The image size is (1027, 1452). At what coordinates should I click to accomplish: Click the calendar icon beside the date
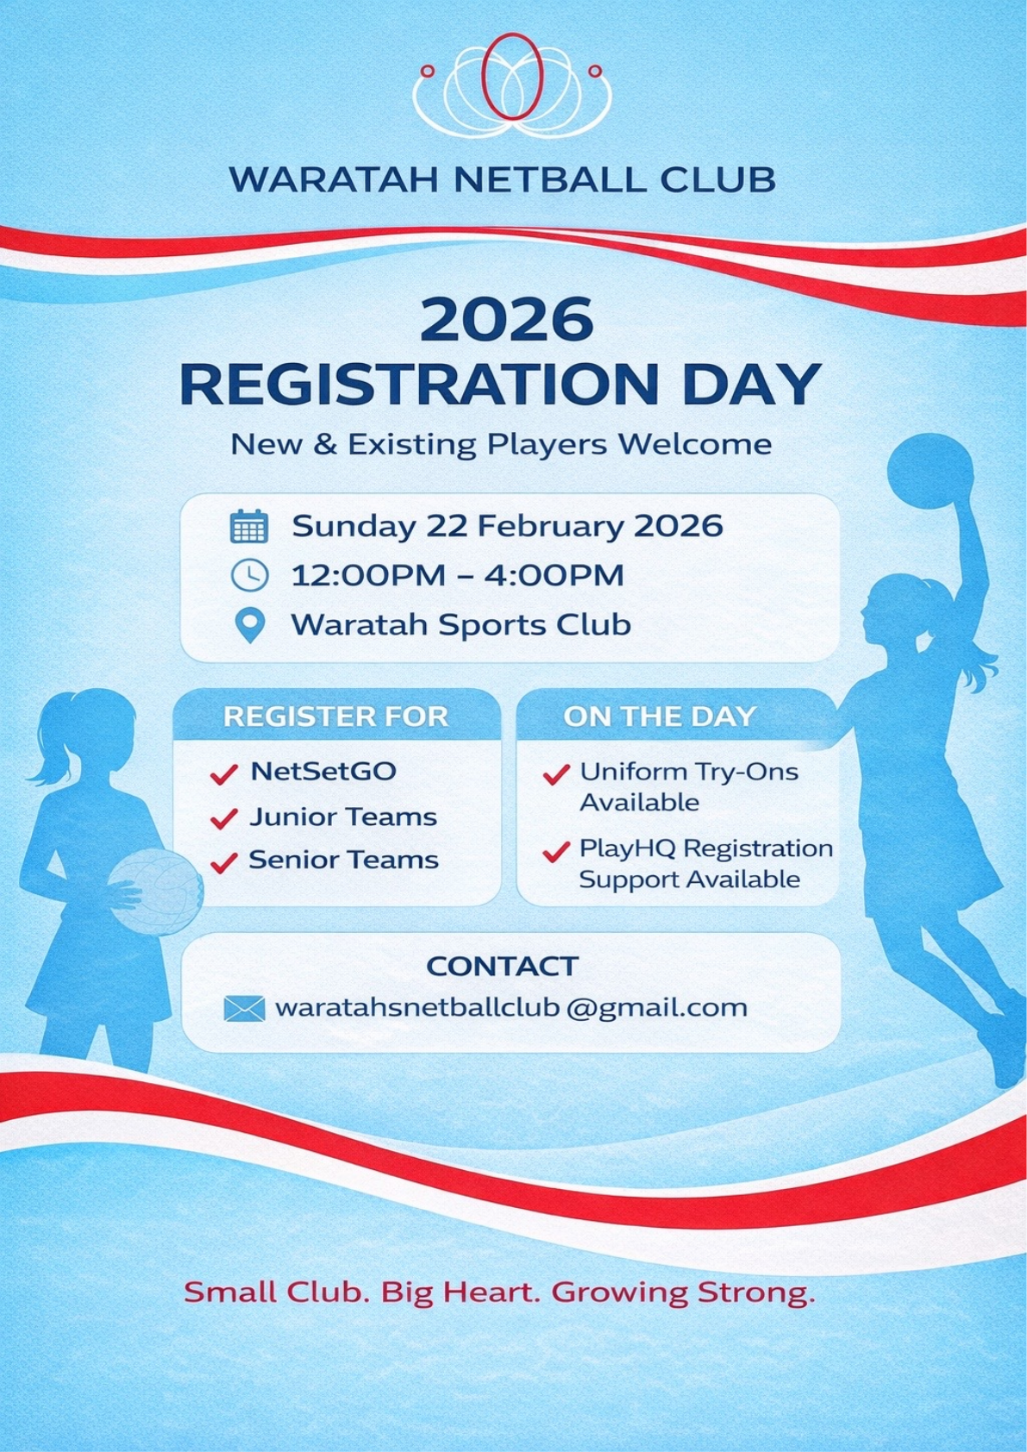coord(249,526)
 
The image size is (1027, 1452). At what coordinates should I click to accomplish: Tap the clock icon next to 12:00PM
coord(249,576)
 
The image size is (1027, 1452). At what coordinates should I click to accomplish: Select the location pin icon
coord(249,625)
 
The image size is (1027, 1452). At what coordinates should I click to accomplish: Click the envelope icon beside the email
coord(244,1009)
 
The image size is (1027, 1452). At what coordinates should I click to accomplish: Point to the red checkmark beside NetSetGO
coord(223,773)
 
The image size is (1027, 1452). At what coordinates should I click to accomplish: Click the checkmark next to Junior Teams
coord(223,818)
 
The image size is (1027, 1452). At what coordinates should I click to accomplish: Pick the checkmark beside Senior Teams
coord(223,862)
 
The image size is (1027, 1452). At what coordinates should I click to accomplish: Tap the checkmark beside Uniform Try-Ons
coord(556,774)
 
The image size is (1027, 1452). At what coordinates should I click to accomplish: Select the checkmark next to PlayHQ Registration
coord(556,852)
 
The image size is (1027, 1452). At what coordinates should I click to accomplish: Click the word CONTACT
coord(503,967)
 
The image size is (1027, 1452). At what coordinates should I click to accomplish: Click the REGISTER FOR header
coord(335,717)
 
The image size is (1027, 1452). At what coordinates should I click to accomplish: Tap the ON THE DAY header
coord(660,717)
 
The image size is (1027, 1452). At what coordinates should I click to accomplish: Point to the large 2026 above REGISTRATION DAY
coord(507,320)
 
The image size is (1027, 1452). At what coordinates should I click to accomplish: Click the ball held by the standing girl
coord(156,892)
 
